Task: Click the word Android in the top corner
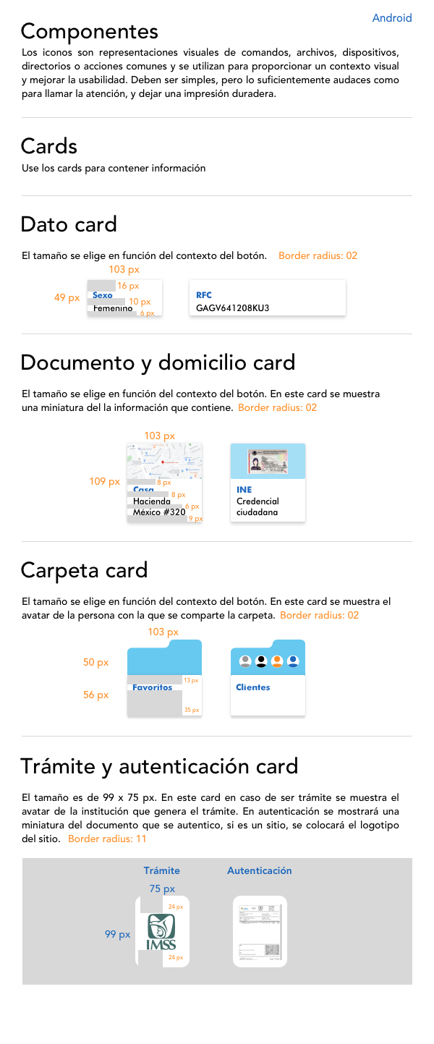(392, 18)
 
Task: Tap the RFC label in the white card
(204, 295)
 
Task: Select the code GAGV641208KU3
(232, 308)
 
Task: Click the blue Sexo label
(103, 295)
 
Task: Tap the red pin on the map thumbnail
(163, 462)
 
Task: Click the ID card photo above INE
(268, 460)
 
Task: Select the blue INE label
(244, 490)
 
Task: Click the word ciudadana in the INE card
(258, 512)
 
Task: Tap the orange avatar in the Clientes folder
(277, 661)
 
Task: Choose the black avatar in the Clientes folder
(261, 661)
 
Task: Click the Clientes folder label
(253, 687)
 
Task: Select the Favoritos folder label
(153, 687)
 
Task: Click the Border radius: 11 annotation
(108, 839)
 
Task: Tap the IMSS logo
(161, 932)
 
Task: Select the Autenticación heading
(260, 871)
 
